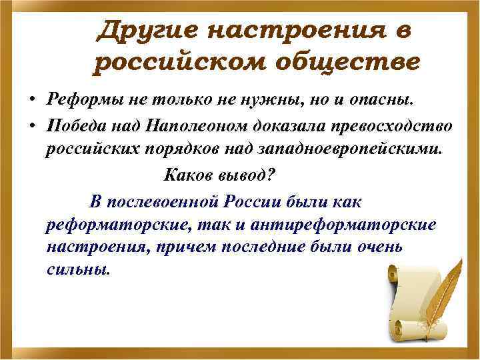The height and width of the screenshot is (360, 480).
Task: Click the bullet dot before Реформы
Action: pyautogui.click(x=32, y=101)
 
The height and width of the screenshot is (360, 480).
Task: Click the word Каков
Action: pyautogui.click(x=184, y=175)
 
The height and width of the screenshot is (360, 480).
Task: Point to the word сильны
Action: pyautogui.click(x=76, y=271)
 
